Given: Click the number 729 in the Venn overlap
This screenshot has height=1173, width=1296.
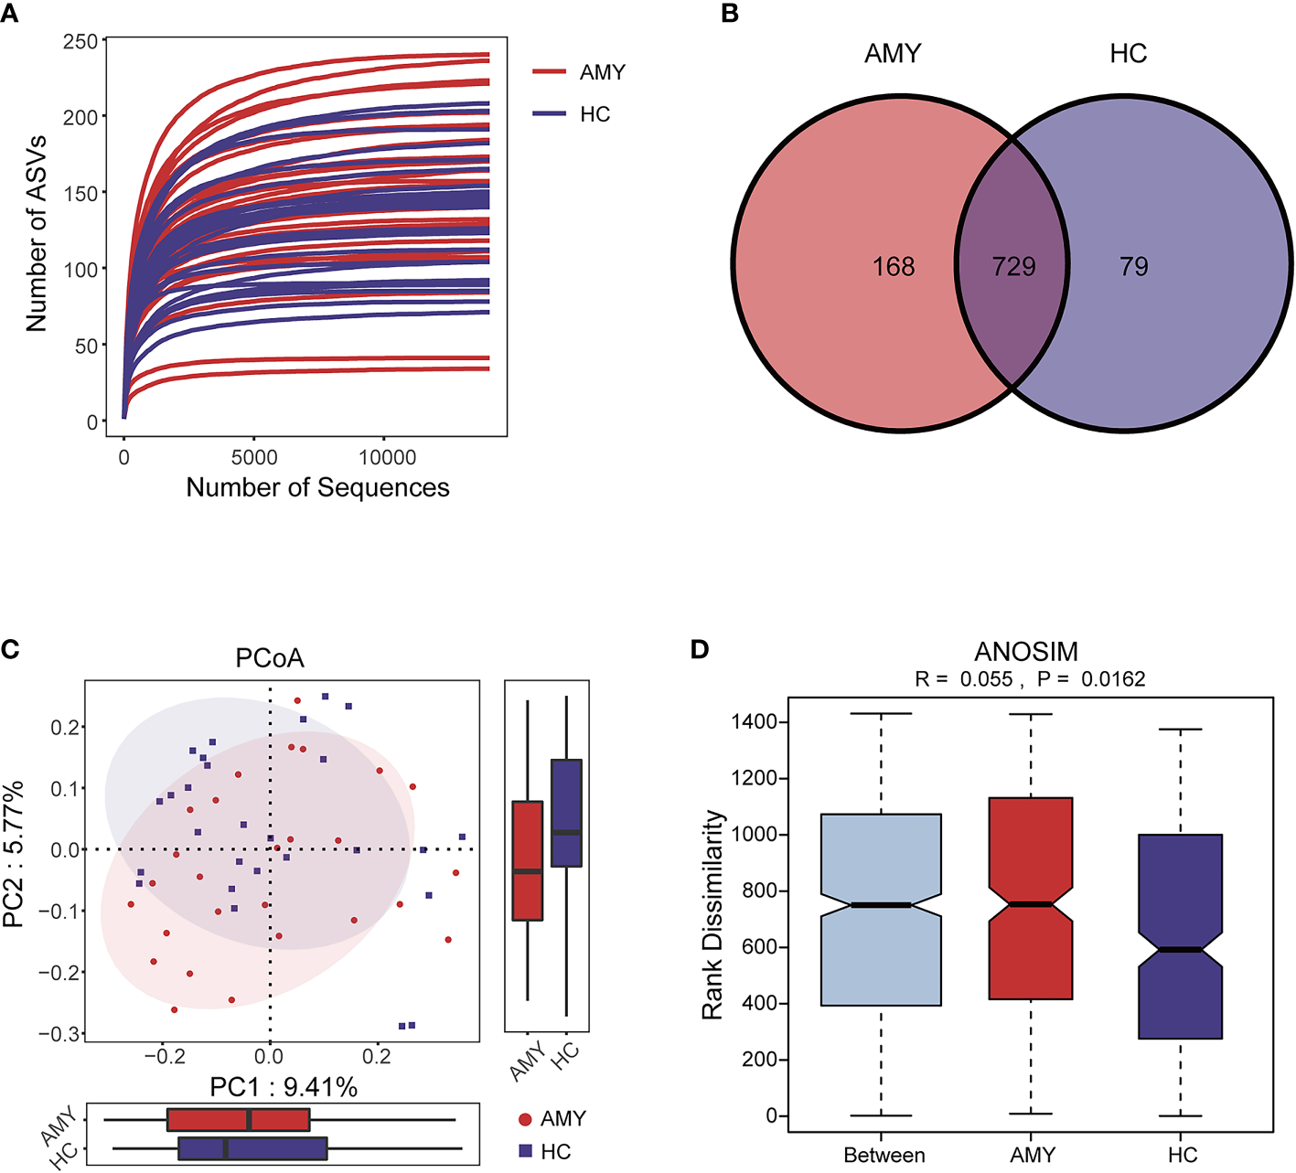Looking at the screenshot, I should [x=1013, y=266].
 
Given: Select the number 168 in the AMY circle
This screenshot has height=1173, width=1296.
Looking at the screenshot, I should [x=893, y=266].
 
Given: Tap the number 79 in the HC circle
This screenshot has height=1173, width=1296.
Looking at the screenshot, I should [x=1133, y=266].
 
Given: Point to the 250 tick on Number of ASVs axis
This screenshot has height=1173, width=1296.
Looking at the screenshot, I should [x=80, y=42].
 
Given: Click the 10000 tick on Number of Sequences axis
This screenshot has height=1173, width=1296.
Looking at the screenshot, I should [x=387, y=457].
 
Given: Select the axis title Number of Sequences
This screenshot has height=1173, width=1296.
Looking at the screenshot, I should [x=317, y=487].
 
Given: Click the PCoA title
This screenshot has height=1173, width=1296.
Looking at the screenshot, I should [x=270, y=658].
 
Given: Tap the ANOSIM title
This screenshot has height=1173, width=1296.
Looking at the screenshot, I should [x=1026, y=652].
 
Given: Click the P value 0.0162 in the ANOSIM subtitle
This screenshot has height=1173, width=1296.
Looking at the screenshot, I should [x=1113, y=679].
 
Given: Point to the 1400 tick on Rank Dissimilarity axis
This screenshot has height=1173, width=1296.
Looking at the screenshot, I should [x=755, y=722].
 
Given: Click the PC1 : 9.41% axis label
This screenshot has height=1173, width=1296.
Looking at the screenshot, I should [x=284, y=1087].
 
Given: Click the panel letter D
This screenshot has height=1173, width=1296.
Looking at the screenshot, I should [x=700, y=649].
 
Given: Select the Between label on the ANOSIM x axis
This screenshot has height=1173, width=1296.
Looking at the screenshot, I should [x=884, y=1155].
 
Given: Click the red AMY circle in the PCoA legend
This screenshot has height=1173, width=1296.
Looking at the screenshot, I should [x=525, y=1119].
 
